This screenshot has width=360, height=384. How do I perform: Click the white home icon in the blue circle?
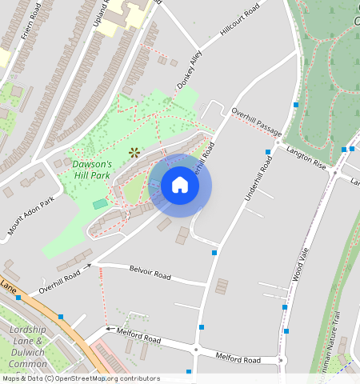[x=180, y=186]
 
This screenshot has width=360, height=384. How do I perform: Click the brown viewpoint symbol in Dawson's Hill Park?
[x=134, y=151]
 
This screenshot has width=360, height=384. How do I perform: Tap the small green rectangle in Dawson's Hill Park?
[x=100, y=204]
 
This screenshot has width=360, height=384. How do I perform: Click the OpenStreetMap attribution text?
[x=80, y=378]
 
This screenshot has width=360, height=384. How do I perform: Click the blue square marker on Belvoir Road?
[x=214, y=253]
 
